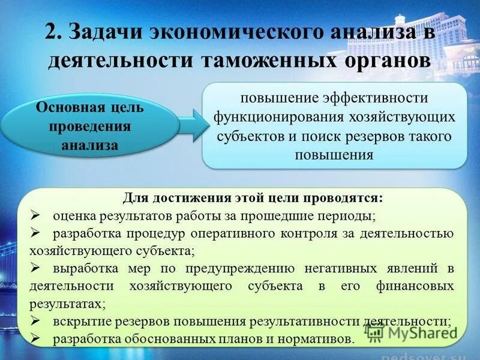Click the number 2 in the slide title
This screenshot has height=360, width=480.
52,33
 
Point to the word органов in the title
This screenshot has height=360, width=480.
379,61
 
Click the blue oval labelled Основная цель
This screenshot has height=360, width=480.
90,126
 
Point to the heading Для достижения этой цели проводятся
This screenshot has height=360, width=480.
253,198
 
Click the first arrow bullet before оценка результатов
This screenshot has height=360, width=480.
34,215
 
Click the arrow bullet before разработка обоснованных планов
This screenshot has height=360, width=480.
34,339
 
